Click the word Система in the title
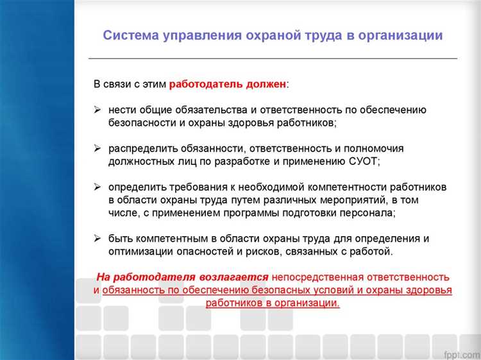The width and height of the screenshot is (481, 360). (x=130, y=35)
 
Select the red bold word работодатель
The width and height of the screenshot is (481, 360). (x=206, y=84)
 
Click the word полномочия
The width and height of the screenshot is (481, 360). (x=377, y=148)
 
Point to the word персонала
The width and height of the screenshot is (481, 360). (x=367, y=212)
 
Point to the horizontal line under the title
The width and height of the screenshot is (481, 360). (x=272, y=58)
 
